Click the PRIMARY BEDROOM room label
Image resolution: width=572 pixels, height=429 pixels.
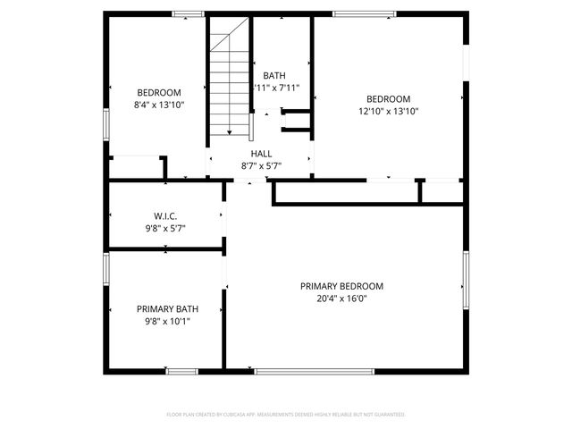(341, 286)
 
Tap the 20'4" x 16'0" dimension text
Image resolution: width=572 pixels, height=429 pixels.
(341, 299)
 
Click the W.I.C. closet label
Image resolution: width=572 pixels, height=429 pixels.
(165, 216)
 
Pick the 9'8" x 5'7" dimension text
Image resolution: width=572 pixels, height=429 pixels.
(165, 228)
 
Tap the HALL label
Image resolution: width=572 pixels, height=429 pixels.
(261, 154)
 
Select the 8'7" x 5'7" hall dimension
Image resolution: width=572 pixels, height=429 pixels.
(261, 166)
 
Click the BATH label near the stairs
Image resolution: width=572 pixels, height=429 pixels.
(274, 76)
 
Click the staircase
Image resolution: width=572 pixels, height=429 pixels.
(230, 85)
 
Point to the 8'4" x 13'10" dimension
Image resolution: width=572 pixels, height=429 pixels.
(159, 105)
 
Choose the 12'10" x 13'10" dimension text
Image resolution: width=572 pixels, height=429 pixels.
(389, 112)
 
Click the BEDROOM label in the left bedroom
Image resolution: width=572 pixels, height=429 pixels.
(159, 93)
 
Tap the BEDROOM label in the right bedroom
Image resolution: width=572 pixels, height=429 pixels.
(389, 99)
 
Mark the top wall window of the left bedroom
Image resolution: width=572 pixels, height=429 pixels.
(188, 13)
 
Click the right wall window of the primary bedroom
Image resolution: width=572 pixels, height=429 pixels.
(466, 281)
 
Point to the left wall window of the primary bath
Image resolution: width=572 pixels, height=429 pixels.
(105, 268)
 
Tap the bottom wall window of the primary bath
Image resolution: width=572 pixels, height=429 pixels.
(181, 370)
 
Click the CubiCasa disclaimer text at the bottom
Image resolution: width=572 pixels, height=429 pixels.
(286, 415)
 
